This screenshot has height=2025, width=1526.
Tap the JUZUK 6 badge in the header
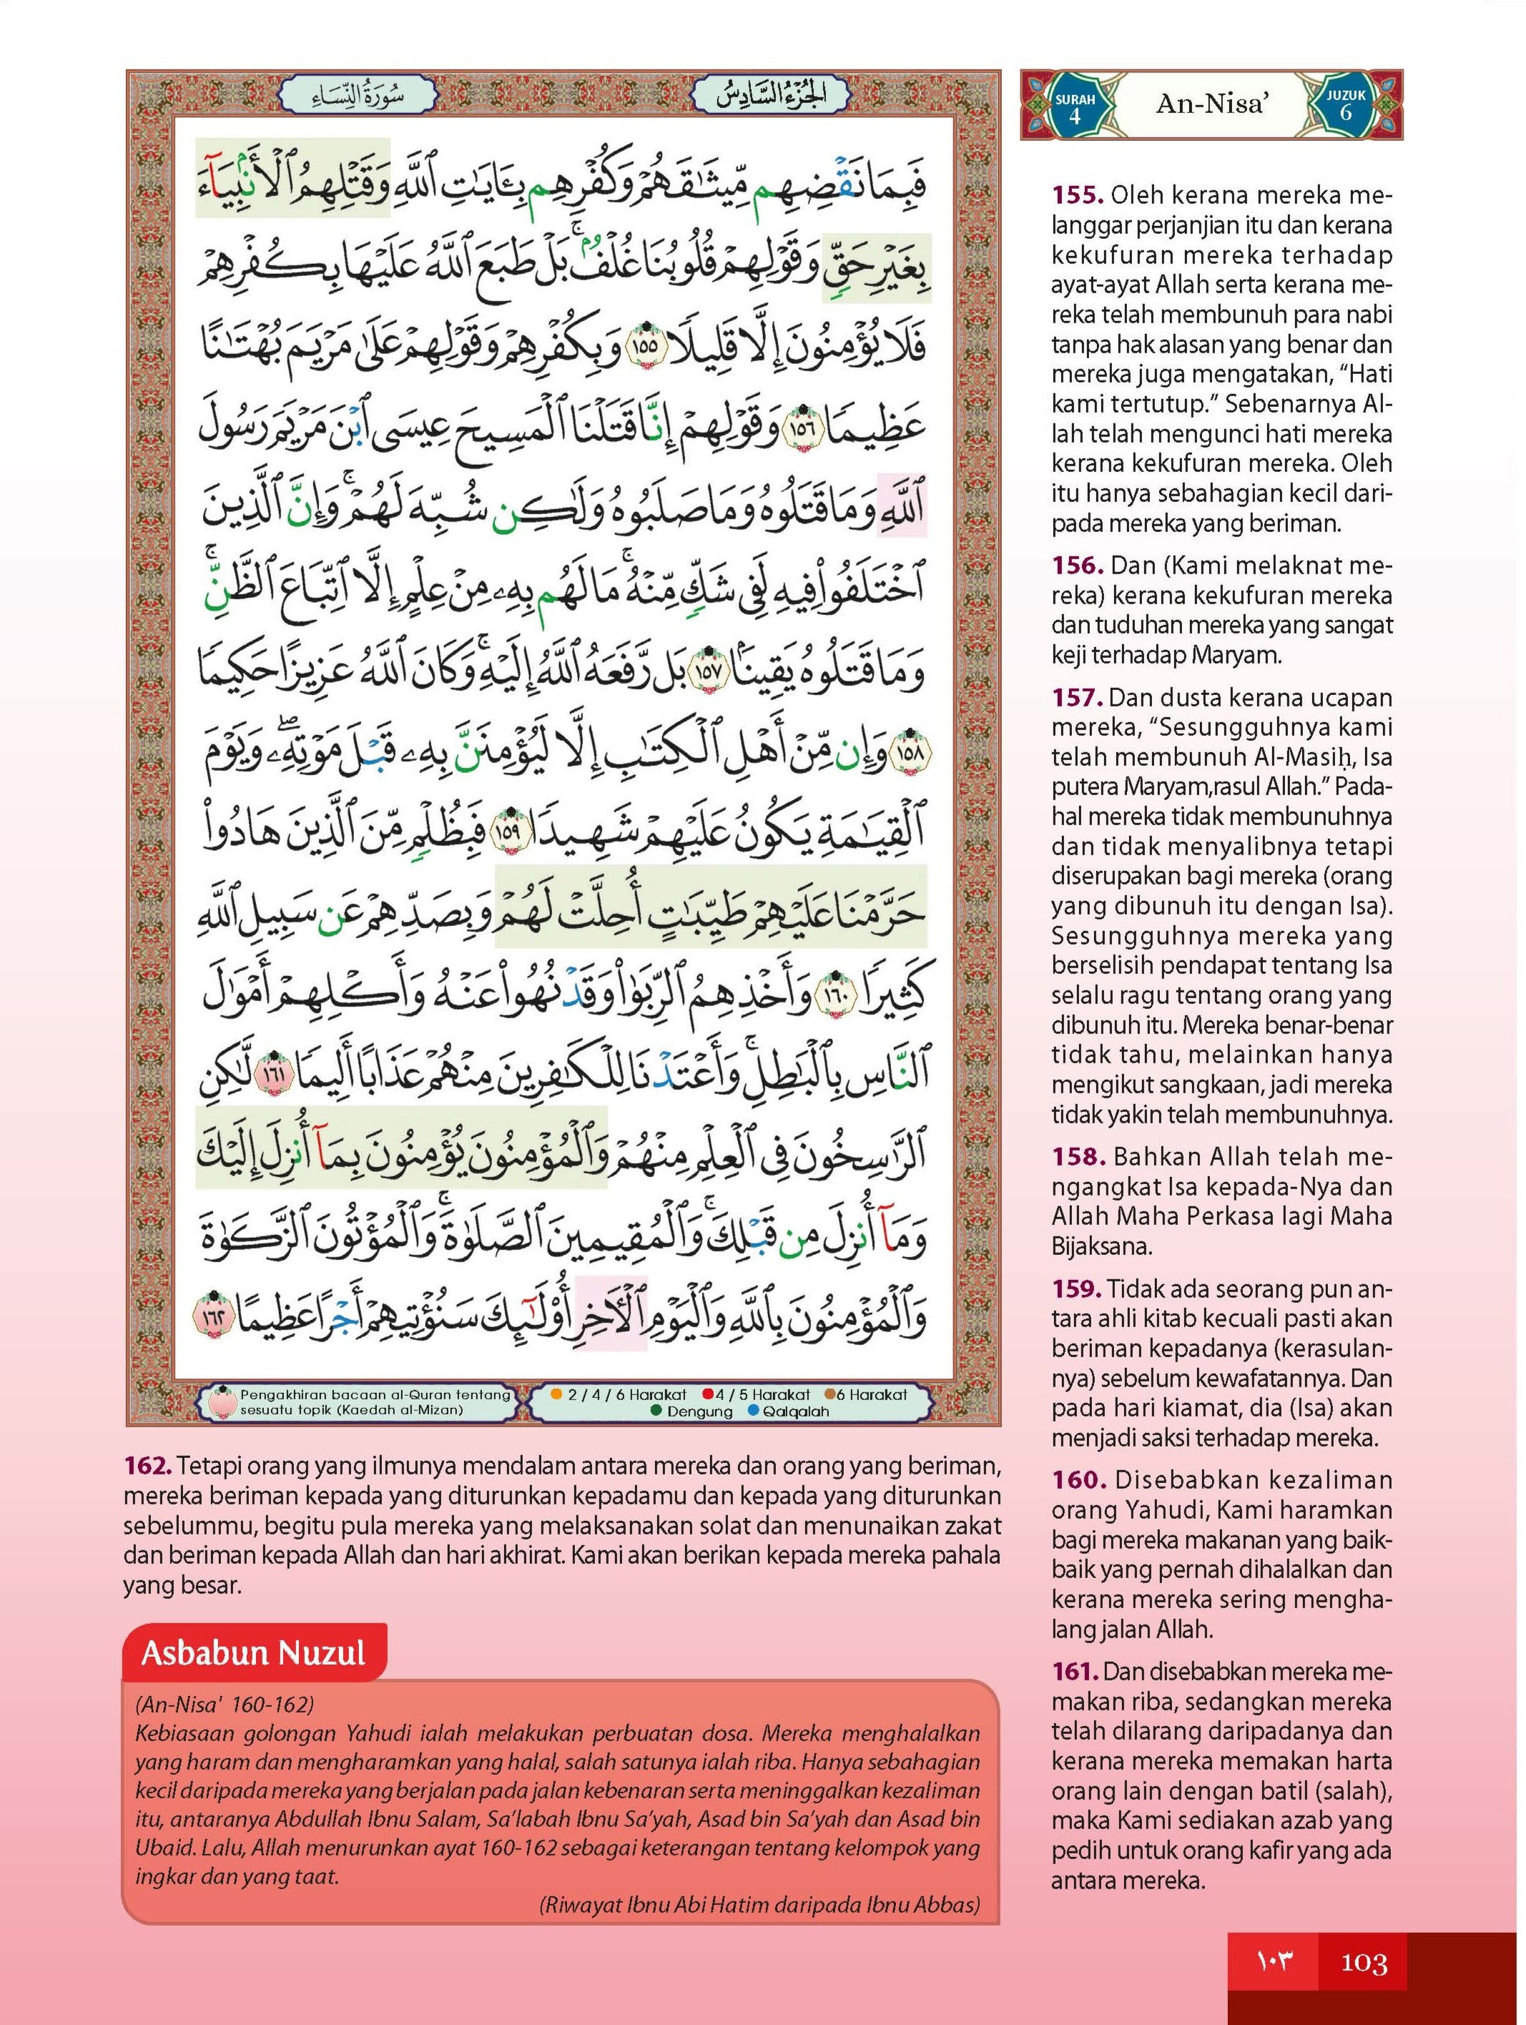(x=1346, y=105)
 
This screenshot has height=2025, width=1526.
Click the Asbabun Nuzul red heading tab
(x=254, y=1653)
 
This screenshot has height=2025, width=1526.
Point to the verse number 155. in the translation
(x=1078, y=195)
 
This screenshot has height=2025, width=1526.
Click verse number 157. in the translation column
(x=1078, y=698)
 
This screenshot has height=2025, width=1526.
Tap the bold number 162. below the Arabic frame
(x=147, y=1466)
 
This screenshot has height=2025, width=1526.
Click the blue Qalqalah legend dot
(x=754, y=1411)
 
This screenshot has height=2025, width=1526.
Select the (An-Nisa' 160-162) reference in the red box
(x=225, y=1705)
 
